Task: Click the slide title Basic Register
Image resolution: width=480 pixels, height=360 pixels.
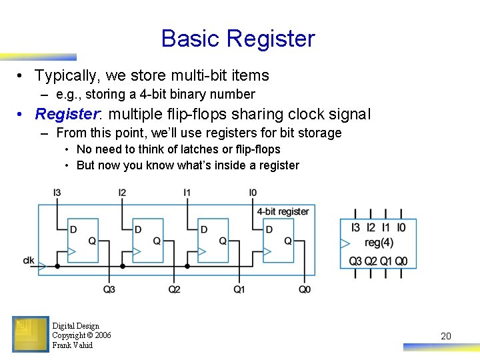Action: [x=237, y=38]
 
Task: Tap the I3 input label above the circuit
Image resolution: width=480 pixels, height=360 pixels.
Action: [x=57, y=193]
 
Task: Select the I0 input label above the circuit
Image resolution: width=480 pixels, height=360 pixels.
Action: [x=253, y=193]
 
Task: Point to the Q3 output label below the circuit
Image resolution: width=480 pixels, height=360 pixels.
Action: [x=109, y=289]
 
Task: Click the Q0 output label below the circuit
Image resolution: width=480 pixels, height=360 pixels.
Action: [x=305, y=289]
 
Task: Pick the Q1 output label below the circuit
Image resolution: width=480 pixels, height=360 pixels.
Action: [x=239, y=289]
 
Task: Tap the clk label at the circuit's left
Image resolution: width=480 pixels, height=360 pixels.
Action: [x=29, y=260]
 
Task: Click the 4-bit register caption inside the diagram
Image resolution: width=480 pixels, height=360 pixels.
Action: [x=283, y=211]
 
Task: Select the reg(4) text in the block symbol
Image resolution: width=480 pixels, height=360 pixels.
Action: [x=379, y=243]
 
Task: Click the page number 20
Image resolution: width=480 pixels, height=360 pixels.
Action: [x=446, y=336]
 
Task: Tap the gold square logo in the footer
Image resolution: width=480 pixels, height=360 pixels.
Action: [x=30, y=334]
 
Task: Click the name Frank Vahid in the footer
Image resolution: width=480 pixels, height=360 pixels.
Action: [x=72, y=345]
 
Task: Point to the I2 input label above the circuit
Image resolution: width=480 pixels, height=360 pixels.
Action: [x=122, y=193]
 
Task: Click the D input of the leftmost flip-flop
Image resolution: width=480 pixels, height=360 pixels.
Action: [x=73, y=229]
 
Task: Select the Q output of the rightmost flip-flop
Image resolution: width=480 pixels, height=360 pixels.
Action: [x=288, y=241]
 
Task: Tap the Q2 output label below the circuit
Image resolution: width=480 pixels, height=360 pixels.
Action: [x=174, y=289]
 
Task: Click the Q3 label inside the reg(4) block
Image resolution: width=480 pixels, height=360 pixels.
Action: [x=356, y=261]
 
